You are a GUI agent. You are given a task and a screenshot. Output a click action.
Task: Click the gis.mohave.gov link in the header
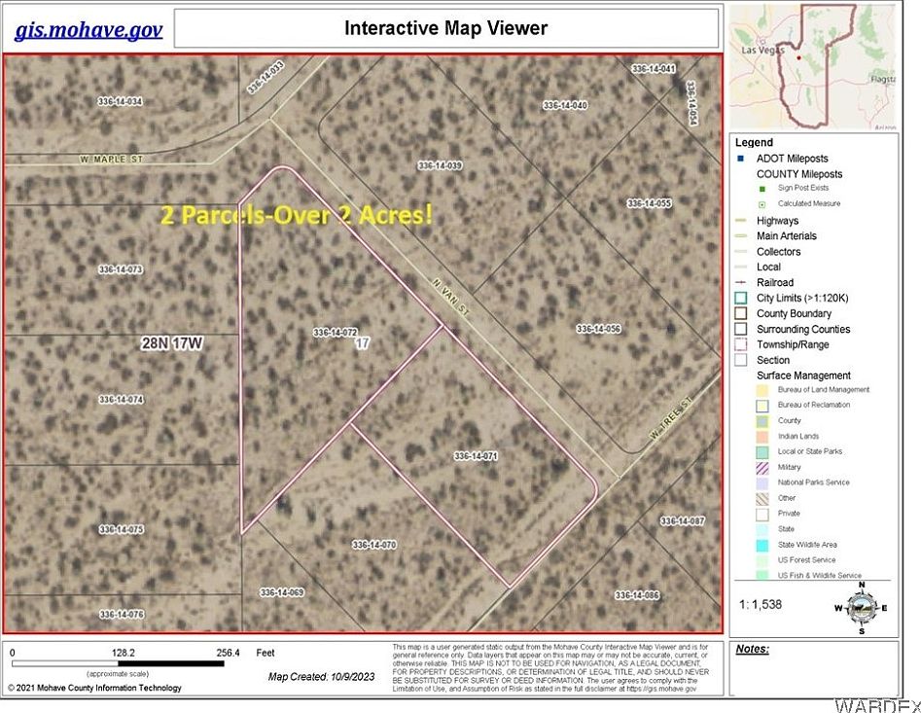click(x=89, y=29)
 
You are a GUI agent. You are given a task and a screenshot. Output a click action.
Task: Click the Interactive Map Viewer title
click(x=445, y=28)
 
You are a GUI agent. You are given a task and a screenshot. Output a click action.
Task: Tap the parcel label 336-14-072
click(x=336, y=333)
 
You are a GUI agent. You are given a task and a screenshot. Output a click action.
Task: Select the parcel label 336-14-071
click(x=476, y=455)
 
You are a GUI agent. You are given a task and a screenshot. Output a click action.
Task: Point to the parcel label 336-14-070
click(x=374, y=545)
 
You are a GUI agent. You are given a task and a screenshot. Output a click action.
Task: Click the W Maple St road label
click(x=112, y=159)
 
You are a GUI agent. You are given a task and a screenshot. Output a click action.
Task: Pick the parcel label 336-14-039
click(x=440, y=165)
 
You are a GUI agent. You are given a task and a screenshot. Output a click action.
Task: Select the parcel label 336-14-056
click(x=598, y=328)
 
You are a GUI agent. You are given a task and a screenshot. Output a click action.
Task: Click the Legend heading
click(x=754, y=142)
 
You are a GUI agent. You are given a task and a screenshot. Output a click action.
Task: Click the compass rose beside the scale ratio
click(x=859, y=608)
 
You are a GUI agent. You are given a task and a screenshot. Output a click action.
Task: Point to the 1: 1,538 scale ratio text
click(x=761, y=604)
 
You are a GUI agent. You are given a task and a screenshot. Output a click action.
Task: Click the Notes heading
click(x=753, y=649)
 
